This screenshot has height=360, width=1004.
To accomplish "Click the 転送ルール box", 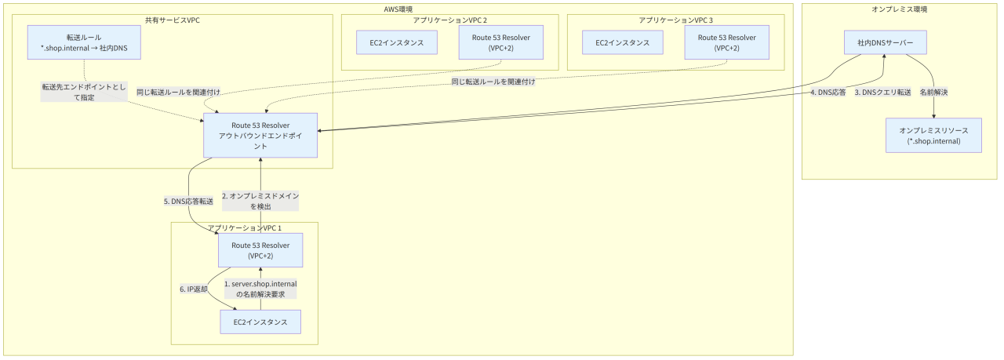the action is point(84,42).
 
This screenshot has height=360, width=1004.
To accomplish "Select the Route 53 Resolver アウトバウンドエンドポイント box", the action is point(260,136).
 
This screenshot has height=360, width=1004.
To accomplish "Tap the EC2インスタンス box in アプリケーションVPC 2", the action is point(397,42).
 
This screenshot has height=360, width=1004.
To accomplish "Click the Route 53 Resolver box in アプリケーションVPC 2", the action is point(500,42).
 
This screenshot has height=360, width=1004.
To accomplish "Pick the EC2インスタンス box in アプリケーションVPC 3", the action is point(623,42).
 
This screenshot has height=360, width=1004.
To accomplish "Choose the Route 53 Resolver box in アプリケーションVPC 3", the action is point(726,42).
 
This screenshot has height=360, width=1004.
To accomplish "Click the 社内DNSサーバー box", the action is point(886,42).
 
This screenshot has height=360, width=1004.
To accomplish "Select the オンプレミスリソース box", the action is point(933,136).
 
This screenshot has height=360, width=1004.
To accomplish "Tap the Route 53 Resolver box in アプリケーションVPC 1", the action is point(260,250).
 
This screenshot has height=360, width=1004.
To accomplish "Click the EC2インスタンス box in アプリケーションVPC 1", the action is point(260,322).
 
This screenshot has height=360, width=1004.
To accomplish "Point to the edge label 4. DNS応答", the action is point(828,93).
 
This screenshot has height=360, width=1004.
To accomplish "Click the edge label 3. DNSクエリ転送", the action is point(882,93).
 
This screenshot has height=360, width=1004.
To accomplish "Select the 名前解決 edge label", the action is point(933,93).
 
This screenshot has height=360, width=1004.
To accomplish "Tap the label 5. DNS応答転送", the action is point(189,202).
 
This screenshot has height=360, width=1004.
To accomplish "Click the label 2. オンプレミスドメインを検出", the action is point(260,202).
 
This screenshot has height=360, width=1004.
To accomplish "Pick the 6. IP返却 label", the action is point(194,289).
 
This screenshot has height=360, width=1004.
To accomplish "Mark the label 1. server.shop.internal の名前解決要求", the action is point(260,289).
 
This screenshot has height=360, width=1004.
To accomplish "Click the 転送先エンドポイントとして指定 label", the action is point(84,92).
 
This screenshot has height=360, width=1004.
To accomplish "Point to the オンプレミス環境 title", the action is point(900,9).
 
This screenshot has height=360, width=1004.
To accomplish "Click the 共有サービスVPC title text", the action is point(173,20).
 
